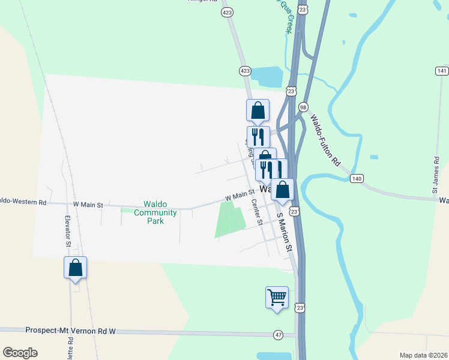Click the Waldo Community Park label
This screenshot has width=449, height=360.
point(155,212)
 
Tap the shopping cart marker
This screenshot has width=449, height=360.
point(277,298)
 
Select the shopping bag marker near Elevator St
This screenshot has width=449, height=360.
point(76,268)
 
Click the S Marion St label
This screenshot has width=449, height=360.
point(284,232)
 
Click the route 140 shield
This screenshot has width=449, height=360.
point(357,179)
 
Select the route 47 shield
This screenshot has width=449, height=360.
point(277,334)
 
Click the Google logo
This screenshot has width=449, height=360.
point(20,352)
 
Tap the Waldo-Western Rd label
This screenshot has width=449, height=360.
point(23,202)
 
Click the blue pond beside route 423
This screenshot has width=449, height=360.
point(268,77)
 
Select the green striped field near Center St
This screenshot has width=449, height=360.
point(231,218)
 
